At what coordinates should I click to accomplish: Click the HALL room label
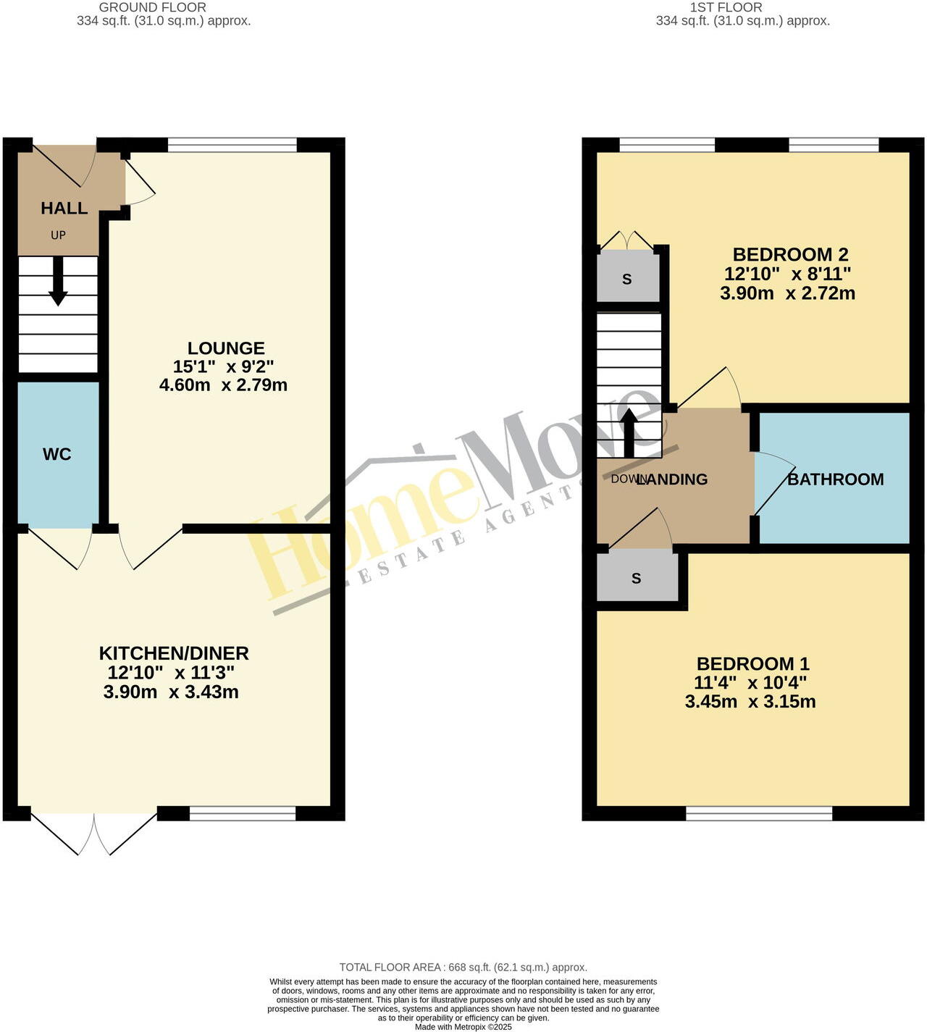click(x=64, y=209)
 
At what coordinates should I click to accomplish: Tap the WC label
click(x=57, y=454)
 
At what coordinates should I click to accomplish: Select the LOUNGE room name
click(x=226, y=348)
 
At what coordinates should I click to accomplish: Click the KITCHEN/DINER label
click(x=174, y=653)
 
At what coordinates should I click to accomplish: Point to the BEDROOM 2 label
click(x=790, y=255)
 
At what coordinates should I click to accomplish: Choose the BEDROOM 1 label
click(x=752, y=664)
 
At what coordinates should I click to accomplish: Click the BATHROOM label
click(x=835, y=479)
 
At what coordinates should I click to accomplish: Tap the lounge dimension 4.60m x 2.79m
click(x=223, y=385)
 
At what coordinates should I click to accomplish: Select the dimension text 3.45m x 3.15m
click(x=750, y=702)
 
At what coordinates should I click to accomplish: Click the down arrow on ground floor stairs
click(x=58, y=281)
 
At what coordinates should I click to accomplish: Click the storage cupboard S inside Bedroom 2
click(x=627, y=279)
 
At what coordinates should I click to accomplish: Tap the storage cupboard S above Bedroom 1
click(x=637, y=578)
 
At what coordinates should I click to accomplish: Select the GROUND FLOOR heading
click(x=153, y=7)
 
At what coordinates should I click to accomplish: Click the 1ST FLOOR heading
click(x=726, y=7)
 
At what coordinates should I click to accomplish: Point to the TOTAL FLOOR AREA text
click(x=463, y=968)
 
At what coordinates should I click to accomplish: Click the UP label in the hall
click(x=58, y=235)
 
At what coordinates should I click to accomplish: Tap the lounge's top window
click(x=232, y=145)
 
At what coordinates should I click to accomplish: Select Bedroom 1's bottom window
click(x=759, y=813)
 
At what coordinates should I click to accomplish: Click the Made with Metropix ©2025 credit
click(x=463, y=1027)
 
